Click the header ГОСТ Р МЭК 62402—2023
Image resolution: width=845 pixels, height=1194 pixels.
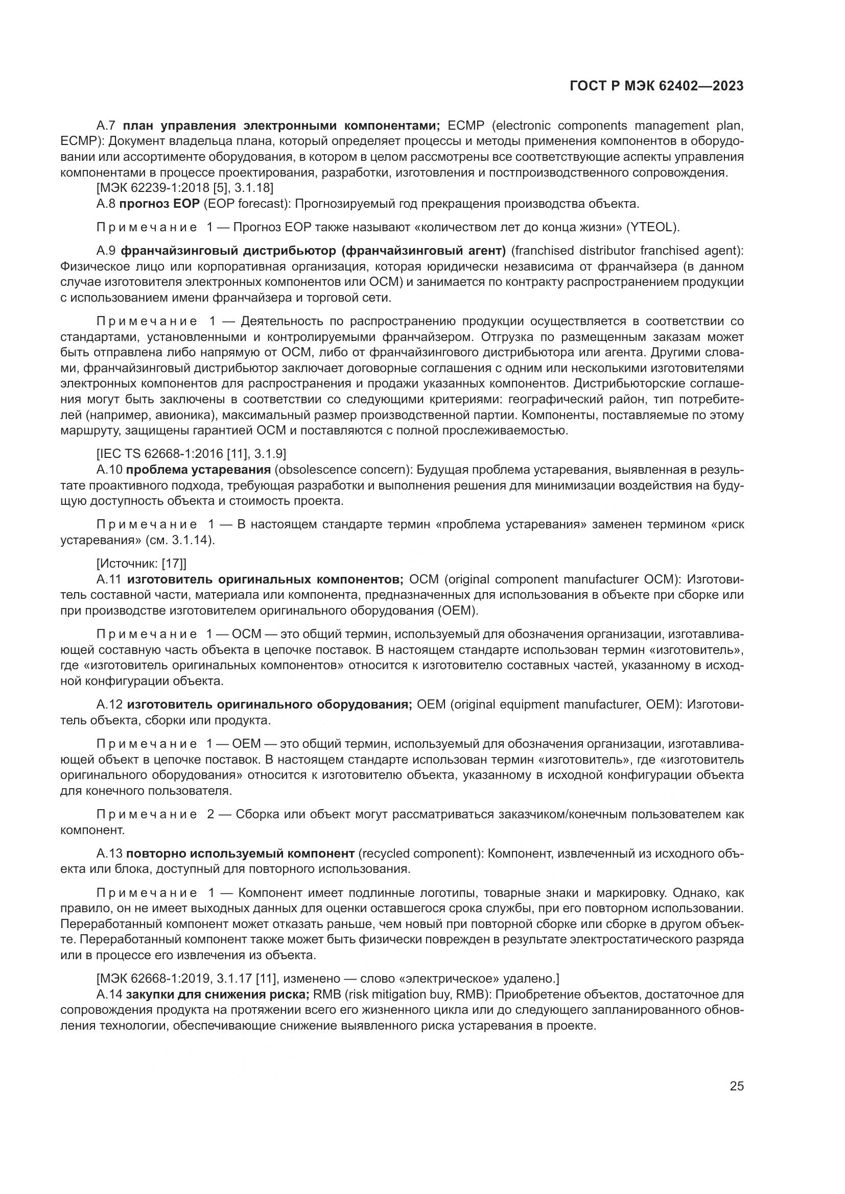click(656, 86)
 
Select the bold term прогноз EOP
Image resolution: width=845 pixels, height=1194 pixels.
click(159, 203)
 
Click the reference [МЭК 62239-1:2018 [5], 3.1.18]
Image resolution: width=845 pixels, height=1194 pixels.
click(185, 188)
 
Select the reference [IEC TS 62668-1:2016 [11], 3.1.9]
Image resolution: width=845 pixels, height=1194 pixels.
click(191, 453)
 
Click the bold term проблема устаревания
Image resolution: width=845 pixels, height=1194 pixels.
click(198, 470)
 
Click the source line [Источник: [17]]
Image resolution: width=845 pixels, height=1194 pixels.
click(142, 563)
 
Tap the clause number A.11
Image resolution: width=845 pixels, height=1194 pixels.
click(109, 579)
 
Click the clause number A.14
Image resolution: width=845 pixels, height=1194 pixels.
click(109, 994)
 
